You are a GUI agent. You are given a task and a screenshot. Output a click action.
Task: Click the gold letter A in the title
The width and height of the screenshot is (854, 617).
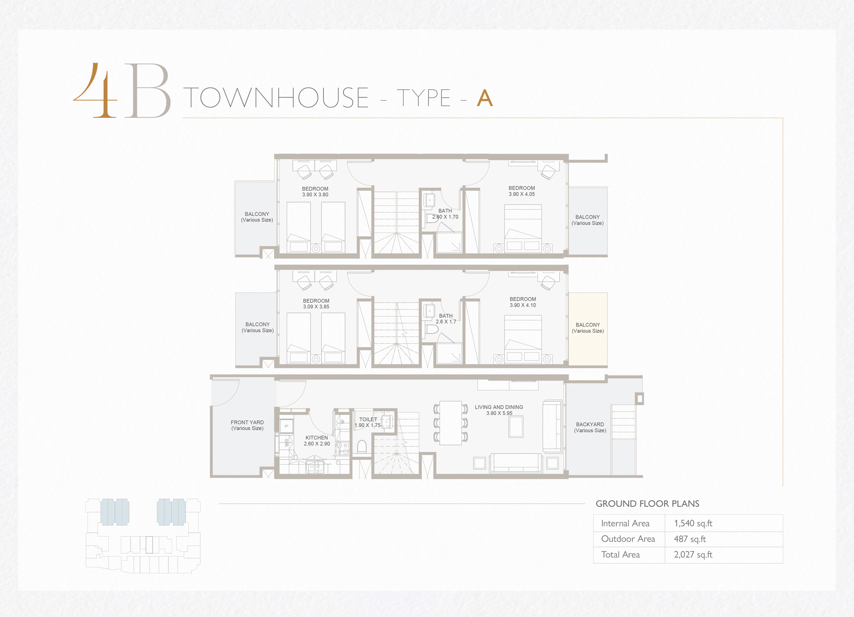(x=485, y=98)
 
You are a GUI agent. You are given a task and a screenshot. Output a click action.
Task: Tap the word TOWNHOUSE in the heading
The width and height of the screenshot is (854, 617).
(x=276, y=98)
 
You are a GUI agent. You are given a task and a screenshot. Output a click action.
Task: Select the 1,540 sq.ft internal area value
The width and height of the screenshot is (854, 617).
(x=693, y=524)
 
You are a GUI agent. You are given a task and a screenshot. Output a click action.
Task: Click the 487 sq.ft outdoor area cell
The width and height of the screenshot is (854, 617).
(x=690, y=539)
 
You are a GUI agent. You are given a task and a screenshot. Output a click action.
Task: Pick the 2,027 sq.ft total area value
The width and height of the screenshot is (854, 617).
(x=693, y=555)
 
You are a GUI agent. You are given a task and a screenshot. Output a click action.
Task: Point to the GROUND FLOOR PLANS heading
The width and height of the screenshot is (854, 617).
(x=648, y=504)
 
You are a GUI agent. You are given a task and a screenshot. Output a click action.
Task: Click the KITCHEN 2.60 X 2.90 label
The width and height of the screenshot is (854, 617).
(x=317, y=441)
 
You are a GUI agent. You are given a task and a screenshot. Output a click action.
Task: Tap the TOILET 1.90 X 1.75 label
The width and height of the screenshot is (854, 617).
(x=368, y=422)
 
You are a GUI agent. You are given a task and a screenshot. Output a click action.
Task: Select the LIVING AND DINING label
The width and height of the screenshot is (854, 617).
(x=499, y=407)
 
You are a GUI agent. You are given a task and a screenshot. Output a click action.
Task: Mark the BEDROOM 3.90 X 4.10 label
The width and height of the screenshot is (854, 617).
(x=523, y=302)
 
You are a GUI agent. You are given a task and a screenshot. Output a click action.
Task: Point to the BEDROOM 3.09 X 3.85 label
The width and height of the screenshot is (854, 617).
(x=316, y=304)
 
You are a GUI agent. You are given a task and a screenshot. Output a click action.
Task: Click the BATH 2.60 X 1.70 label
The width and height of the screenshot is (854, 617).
(x=445, y=214)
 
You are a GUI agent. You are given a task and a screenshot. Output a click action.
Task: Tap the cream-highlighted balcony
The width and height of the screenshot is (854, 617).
(x=588, y=329)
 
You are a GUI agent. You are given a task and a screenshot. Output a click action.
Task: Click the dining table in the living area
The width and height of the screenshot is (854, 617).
(x=451, y=423)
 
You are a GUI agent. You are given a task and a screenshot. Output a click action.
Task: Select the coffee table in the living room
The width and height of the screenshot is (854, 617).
(x=516, y=426)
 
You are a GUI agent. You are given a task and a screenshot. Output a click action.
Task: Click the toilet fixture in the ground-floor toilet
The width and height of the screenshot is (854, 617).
(x=362, y=446)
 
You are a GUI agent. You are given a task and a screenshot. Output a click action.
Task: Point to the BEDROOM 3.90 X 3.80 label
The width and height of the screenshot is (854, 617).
(x=315, y=192)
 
